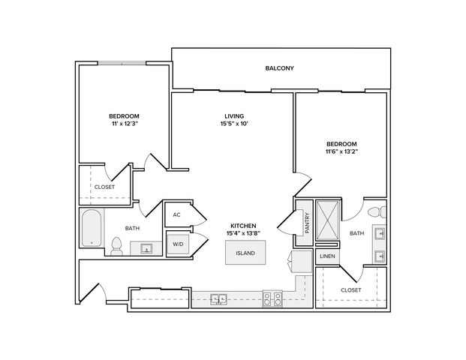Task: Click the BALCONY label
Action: click(x=279, y=68)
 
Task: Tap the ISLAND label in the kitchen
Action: click(x=245, y=253)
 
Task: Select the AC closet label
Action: click(x=176, y=214)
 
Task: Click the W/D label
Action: click(x=178, y=244)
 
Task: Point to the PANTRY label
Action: click(x=308, y=223)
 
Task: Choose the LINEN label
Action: click(x=327, y=256)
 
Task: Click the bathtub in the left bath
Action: click(x=92, y=228)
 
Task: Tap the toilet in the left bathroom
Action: click(x=117, y=246)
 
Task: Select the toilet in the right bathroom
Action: click(x=377, y=212)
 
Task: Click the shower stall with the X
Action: click(x=327, y=220)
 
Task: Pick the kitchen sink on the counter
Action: click(x=218, y=298)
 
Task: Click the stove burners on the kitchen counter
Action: click(x=272, y=298)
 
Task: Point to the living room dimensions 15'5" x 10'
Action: click(x=234, y=124)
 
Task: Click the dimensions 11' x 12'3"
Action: click(x=124, y=124)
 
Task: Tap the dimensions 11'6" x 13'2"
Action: click(x=341, y=151)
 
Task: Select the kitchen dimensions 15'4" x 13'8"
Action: click(x=243, y=233)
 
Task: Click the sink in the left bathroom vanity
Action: click(x=146, y=248)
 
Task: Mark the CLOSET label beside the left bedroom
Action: click(x=104, y=187)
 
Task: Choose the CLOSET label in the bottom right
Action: click(x=351, y=290)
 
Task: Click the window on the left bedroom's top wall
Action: click(x=122, y=63)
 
